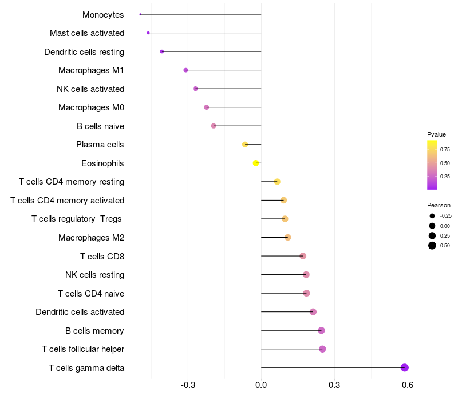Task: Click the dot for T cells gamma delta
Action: [x=405, y=367]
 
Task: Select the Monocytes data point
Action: [x=140, y=14]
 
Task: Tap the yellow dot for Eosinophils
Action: [x=256, y=163]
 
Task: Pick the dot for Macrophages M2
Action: [x=288, y=237]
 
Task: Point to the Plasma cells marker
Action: [x=246, y=145]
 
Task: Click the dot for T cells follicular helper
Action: [x=322, y=349]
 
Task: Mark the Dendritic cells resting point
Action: [x=162, y=51]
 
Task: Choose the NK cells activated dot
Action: [x=196, y=89]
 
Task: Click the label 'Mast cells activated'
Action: [x=87, y=33]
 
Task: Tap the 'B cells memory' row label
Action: [x=94, y=331]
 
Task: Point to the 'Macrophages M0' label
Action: [x=91, y=107]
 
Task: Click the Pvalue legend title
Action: [x=436, y=134]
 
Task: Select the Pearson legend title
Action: [x=439, y=205]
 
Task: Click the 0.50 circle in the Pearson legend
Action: [x=432, y=246]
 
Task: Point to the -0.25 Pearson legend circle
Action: [x=432, y=216]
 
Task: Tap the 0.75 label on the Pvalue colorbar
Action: [x=445, y=149]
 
